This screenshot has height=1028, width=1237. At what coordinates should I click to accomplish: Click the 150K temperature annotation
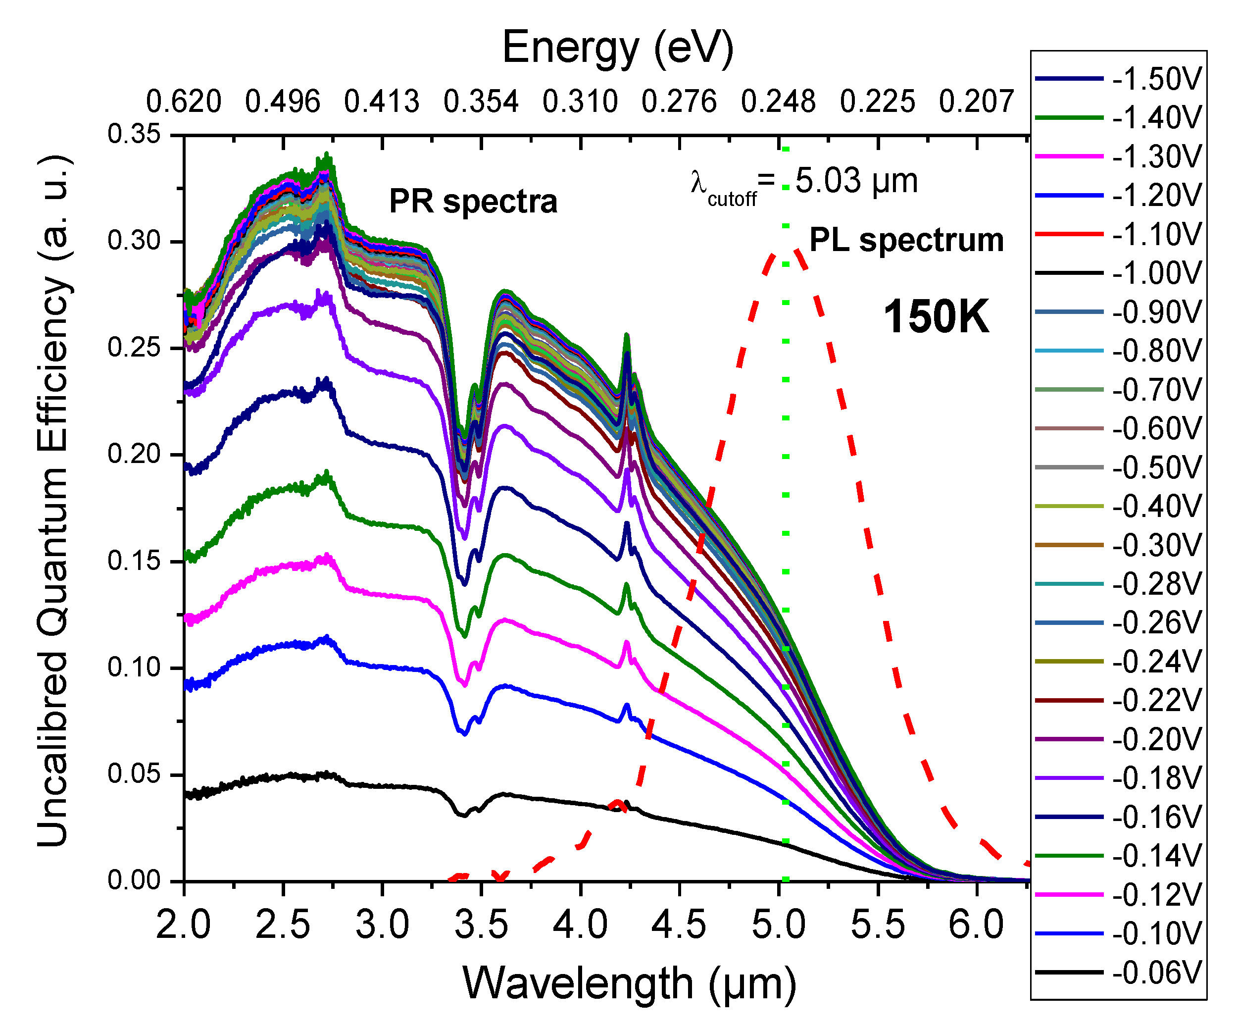click(x=936, y=317)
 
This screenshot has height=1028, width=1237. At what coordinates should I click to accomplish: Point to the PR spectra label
click(x=473, y=202)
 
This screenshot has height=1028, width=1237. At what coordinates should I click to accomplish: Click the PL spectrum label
click(x=906, y=240)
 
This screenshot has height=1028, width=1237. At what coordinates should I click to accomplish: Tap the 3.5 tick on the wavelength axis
click(x=481, y=925)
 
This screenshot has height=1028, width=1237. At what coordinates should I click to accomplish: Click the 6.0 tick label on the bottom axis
click(x=976, y=925)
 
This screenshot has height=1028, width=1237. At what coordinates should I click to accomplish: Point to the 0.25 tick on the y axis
click(x=134, y=348)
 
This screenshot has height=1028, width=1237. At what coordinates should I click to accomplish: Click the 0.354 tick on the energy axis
click(x=481, y=102)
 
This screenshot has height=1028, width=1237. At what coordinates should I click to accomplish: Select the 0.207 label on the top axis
click(x=976, y=102)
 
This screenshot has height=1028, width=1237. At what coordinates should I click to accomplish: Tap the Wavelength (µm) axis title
click(x=629, y=984)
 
